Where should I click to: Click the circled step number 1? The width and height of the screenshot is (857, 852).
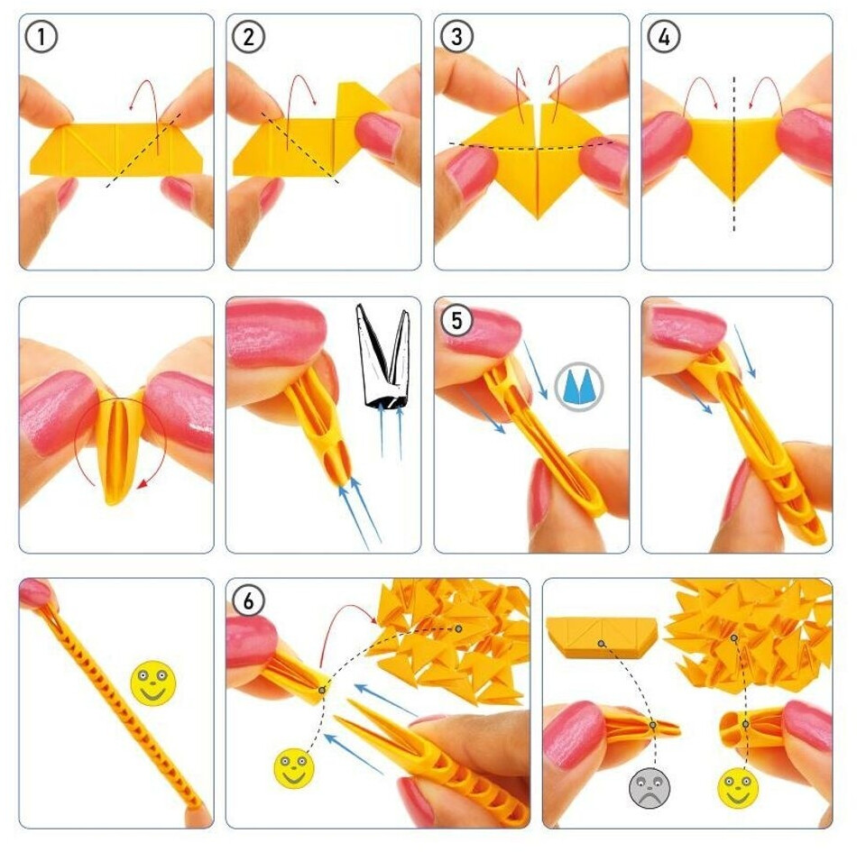[41, 37]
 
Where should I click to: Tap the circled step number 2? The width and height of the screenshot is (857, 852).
[249, 37]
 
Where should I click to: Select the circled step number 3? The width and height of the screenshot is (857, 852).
[456, 37]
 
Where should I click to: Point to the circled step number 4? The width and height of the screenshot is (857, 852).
[664, 37]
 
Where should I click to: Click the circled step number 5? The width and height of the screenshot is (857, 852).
[457, 320]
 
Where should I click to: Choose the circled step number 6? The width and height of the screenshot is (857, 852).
[249, 601]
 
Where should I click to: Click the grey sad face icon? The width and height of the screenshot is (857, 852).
[650, 788]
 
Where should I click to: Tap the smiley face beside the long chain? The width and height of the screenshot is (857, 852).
[153, 683]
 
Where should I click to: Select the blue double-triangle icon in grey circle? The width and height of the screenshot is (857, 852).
[579, 386]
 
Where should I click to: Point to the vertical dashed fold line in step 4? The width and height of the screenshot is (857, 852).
[733, 154]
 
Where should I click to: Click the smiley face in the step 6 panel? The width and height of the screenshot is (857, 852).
[294, 768]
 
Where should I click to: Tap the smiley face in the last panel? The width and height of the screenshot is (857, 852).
[738, 788]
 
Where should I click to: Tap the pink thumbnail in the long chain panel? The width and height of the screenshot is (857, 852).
[34, 591]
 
